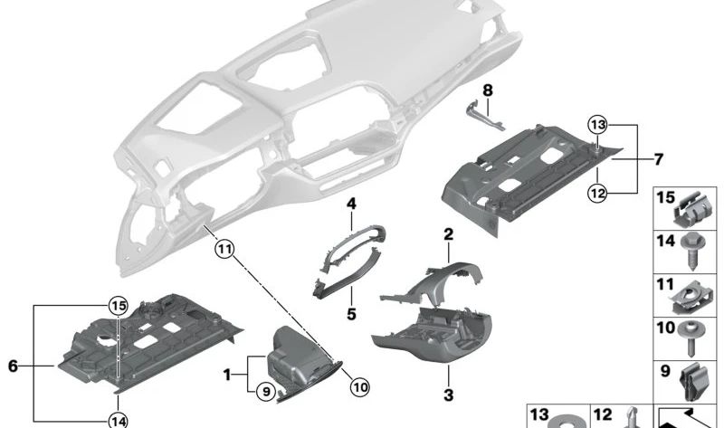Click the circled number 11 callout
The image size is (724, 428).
[223, 243]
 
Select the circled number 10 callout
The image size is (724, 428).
[359, 387]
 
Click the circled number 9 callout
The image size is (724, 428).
[263, 392]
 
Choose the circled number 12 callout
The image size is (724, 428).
[595, 190]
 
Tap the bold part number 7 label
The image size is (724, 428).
[658, 159]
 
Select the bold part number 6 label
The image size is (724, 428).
[13, 366]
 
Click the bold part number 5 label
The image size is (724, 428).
[351, 315]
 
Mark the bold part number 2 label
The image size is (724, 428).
[447, 234]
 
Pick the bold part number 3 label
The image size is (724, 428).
[447, 395]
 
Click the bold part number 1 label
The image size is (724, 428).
[228, 373]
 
